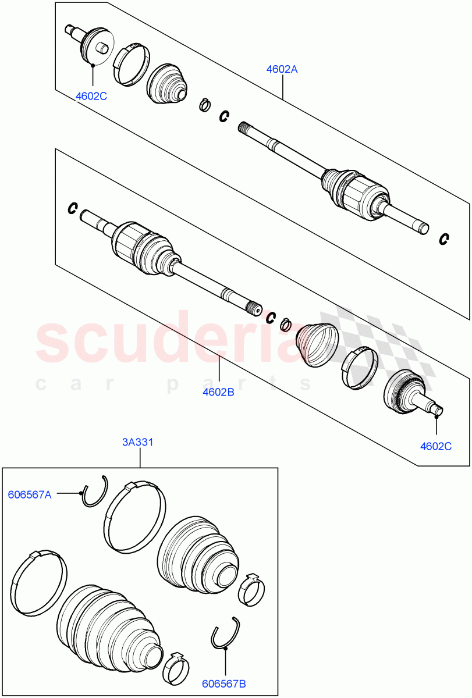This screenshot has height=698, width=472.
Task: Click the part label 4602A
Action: pyautogui.click(x=282, y=69)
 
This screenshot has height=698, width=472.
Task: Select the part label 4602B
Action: pyautogui.click(x=218, y=393)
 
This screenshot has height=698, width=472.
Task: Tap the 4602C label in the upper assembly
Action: pyautogui.click(x=91, y=96)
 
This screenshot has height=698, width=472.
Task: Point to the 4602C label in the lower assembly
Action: pyautogui.click(x=436, y=447)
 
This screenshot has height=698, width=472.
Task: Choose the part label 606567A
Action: pyautogui.click(x=30, y=495)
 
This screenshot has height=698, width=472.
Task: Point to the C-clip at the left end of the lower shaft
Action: pyautogui.click(x=73, y=207)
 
